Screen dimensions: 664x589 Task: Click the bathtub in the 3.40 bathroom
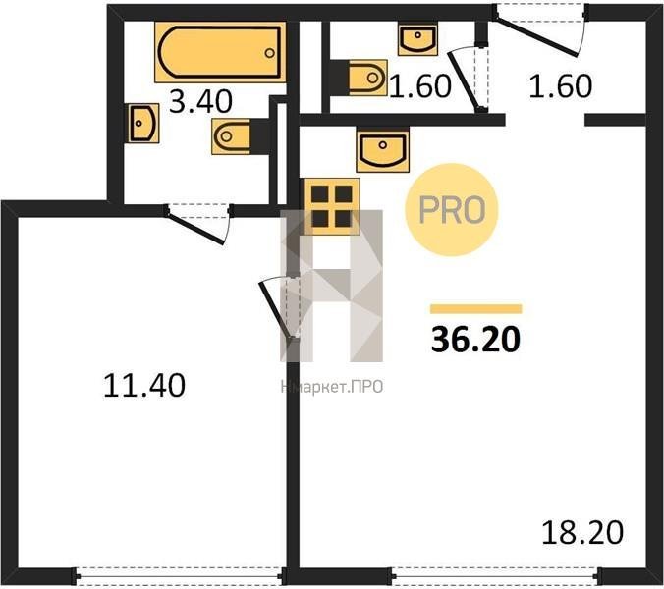point(220,52)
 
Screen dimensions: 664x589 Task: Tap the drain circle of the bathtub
point(270,53)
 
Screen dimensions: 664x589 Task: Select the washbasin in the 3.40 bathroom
point(141,123)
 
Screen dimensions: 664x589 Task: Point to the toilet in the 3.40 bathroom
point(241,136)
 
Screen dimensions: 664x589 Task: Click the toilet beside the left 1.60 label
point(359,78)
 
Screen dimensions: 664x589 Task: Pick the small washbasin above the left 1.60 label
point(417,39)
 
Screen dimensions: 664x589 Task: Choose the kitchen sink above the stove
point(383,150)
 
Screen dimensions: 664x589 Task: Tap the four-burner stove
point(332,206)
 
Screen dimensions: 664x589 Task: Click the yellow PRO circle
point(452,210)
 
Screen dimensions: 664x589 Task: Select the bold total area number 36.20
point(475,340)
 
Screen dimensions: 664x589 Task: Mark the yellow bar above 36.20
point(476,309)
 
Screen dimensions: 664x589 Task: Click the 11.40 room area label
point(144,385)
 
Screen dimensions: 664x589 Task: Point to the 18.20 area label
point(582,533)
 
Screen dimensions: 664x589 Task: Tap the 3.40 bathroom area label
point(200,102)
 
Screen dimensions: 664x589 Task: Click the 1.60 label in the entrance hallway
point(560,86)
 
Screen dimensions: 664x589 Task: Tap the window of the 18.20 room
point(495,575)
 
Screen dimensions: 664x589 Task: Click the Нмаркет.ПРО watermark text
point(332,387)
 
